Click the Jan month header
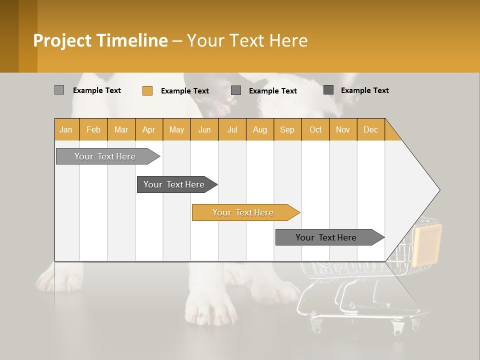[66, 129]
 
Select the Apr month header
[149, 129]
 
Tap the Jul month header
[232, 129]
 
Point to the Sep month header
[287, 129]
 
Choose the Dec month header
[370, 129]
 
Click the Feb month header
[93, 129]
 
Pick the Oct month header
[315, 129]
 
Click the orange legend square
[147, 90]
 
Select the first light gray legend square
[59, 90]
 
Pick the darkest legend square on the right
[328, 90]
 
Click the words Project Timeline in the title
[100, 40]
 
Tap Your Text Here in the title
[247, 40]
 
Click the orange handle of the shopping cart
[426, 244]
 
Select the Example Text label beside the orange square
[185, 91]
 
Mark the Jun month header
[204, 129]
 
